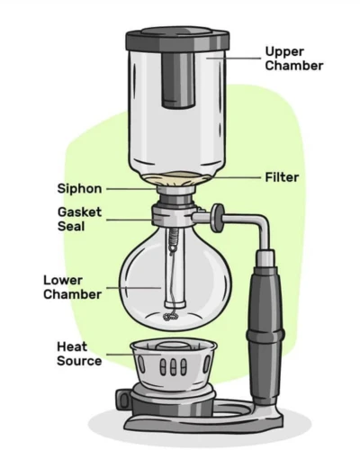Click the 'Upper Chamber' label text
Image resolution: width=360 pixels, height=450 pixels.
294,58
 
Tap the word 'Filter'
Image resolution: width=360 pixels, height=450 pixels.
282,177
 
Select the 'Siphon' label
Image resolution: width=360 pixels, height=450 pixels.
79,189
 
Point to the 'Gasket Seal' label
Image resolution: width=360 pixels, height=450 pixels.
79,219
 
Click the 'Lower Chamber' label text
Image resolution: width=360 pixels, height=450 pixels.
72,287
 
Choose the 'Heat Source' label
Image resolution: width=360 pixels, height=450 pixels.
79,354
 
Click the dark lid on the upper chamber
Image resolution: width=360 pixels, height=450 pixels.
177,40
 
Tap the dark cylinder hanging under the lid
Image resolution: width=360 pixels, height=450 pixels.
179,80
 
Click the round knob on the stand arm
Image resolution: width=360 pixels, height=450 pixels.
217,218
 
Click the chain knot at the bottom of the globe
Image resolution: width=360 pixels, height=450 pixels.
170,317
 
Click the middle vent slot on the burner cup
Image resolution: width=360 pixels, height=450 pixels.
173,366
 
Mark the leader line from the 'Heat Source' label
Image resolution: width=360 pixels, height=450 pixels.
134,355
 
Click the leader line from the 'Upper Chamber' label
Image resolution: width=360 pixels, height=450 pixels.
233,58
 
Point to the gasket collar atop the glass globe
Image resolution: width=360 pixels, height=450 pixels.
173,215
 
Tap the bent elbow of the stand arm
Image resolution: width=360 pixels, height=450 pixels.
262,222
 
